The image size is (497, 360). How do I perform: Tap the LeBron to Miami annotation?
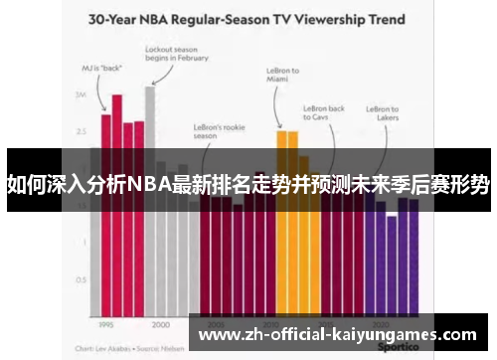283,76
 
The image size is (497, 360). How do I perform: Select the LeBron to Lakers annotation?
383,113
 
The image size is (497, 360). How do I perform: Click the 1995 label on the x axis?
106,324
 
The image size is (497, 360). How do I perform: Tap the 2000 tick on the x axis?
161,324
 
